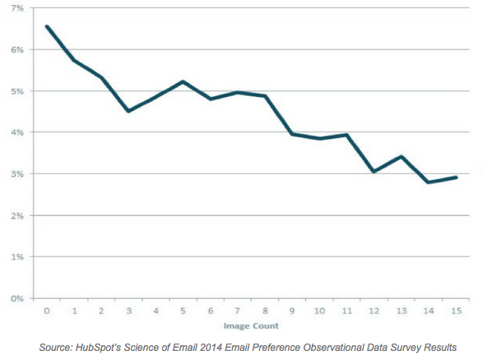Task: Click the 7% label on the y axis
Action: click(16, 7)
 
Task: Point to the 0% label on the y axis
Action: click(16, 298)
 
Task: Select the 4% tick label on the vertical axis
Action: click(16, 132)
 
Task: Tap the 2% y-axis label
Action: click(16, 215)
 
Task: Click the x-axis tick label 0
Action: click(47, 312)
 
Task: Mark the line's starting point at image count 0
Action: click(47, 26)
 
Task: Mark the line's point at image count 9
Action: click(292, 133)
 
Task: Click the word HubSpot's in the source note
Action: click(99, 348)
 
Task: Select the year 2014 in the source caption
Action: click(215, 348)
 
